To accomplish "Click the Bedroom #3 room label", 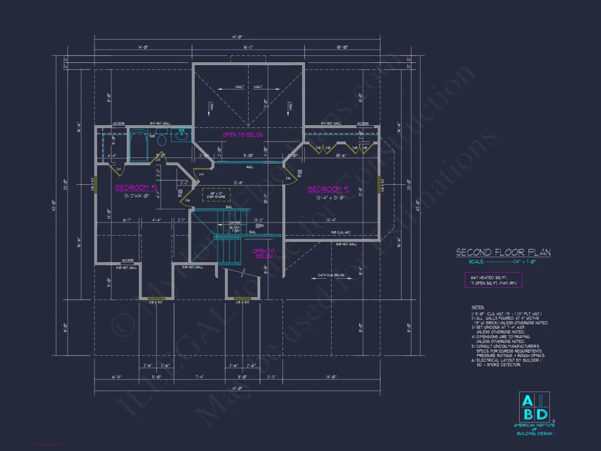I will click(136, 188).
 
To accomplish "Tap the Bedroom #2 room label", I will click(328, 189).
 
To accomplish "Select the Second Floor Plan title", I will click(503, 253).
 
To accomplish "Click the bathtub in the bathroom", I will click(138, 145).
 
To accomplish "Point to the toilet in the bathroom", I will click(161, 141).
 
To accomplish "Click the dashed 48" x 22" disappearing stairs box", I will click(216, 194).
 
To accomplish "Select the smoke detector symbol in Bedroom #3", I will click(180, 192).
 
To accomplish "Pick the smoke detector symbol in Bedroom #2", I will click(299, 172).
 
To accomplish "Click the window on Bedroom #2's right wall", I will click(379, 185).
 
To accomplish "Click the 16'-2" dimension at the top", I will click(249, 48).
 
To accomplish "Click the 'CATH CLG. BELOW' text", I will click(331, 276).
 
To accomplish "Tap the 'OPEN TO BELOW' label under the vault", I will click(243, 134).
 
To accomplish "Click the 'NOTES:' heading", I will click(477, 307).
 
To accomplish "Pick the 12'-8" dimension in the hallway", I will click(238, 183).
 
